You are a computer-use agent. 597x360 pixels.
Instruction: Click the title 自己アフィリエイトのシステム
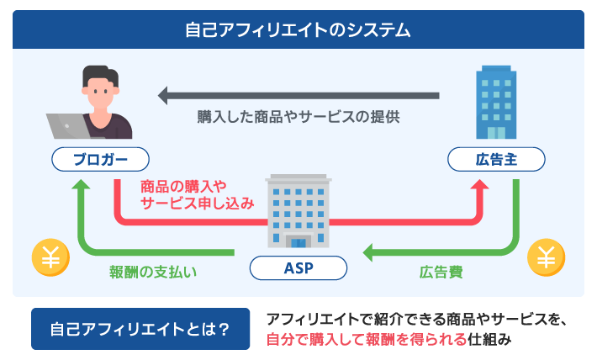click(298, 30)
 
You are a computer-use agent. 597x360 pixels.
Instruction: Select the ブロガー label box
click(100, 159)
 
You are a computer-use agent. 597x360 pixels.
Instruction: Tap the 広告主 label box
click(496, 159)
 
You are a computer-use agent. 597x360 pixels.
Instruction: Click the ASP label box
click(298, 268)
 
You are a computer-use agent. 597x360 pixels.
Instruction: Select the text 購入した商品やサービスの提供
click(298, 118)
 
